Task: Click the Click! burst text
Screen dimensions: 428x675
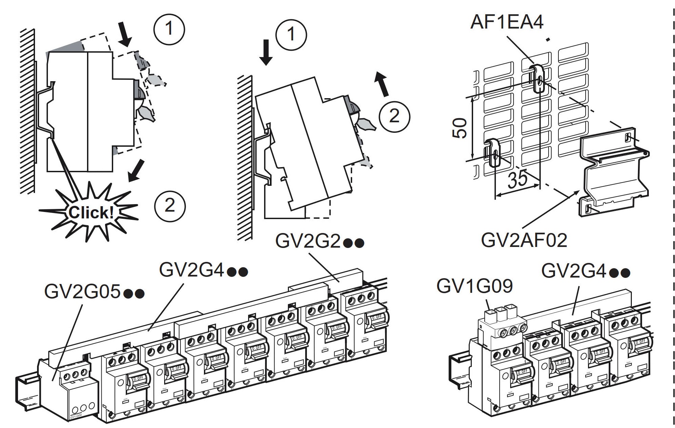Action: pyautogui.click(x=91, y=213)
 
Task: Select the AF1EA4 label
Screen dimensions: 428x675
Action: pyautogui.click(x=507, y=22)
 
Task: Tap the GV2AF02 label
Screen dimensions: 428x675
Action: pyautogui.click(x=524, y=240)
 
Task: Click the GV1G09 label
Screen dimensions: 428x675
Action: pyautogui.click(x=474, y=286)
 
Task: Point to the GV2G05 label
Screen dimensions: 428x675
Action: pyautogui.click(x=94, y=292)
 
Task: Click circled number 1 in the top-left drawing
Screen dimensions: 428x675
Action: pyautogui.click(x=169, y=29)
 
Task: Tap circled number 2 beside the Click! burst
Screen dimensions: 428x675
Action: pyautogui.click(x=170, y=206)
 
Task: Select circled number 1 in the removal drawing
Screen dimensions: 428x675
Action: pyautogui.click(x=291, y=34)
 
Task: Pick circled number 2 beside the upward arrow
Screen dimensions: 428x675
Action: pyautogui.click(x=394, y=116)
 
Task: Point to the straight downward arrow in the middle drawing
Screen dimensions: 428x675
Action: pyautogui.click(x=266, y=52)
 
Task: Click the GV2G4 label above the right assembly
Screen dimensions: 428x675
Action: pyautogui.click(x=585, y=271)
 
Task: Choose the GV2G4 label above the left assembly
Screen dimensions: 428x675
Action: pyautogui.click(x=203, y=271)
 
